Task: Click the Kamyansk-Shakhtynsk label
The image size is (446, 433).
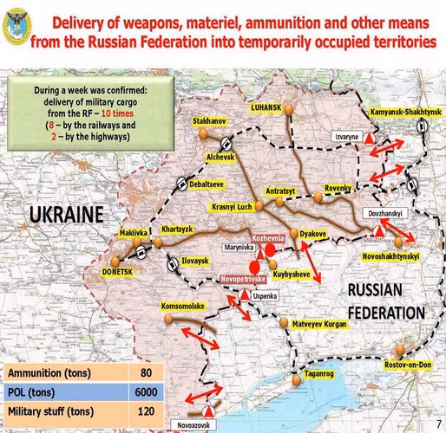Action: click(x=406, y=113)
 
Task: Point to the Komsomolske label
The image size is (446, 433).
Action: click(x=183, y=307)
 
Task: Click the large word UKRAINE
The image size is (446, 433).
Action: click(x=64, y=213)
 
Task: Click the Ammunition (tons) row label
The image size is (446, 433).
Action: click(x=54, y=373)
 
